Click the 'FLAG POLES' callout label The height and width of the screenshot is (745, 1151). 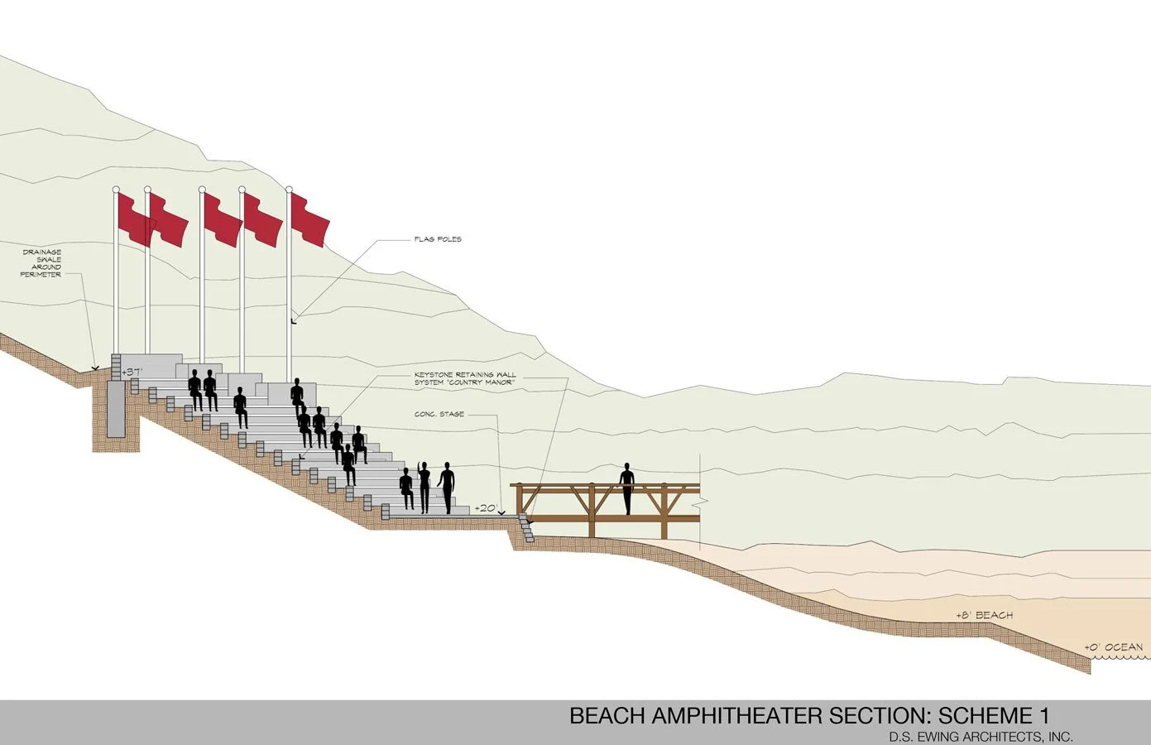438,239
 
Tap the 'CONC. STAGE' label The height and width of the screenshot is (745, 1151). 439,414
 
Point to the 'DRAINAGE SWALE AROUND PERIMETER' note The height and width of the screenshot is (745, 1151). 41,263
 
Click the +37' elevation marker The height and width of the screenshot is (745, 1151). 132,372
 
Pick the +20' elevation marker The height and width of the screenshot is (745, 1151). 486,508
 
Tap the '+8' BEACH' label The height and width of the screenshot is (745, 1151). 984,616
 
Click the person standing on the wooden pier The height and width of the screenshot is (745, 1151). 626,488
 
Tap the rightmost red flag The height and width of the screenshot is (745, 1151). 309,219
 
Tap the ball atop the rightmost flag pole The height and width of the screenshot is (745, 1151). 289,190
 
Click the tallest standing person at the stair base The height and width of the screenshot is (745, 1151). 447,488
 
